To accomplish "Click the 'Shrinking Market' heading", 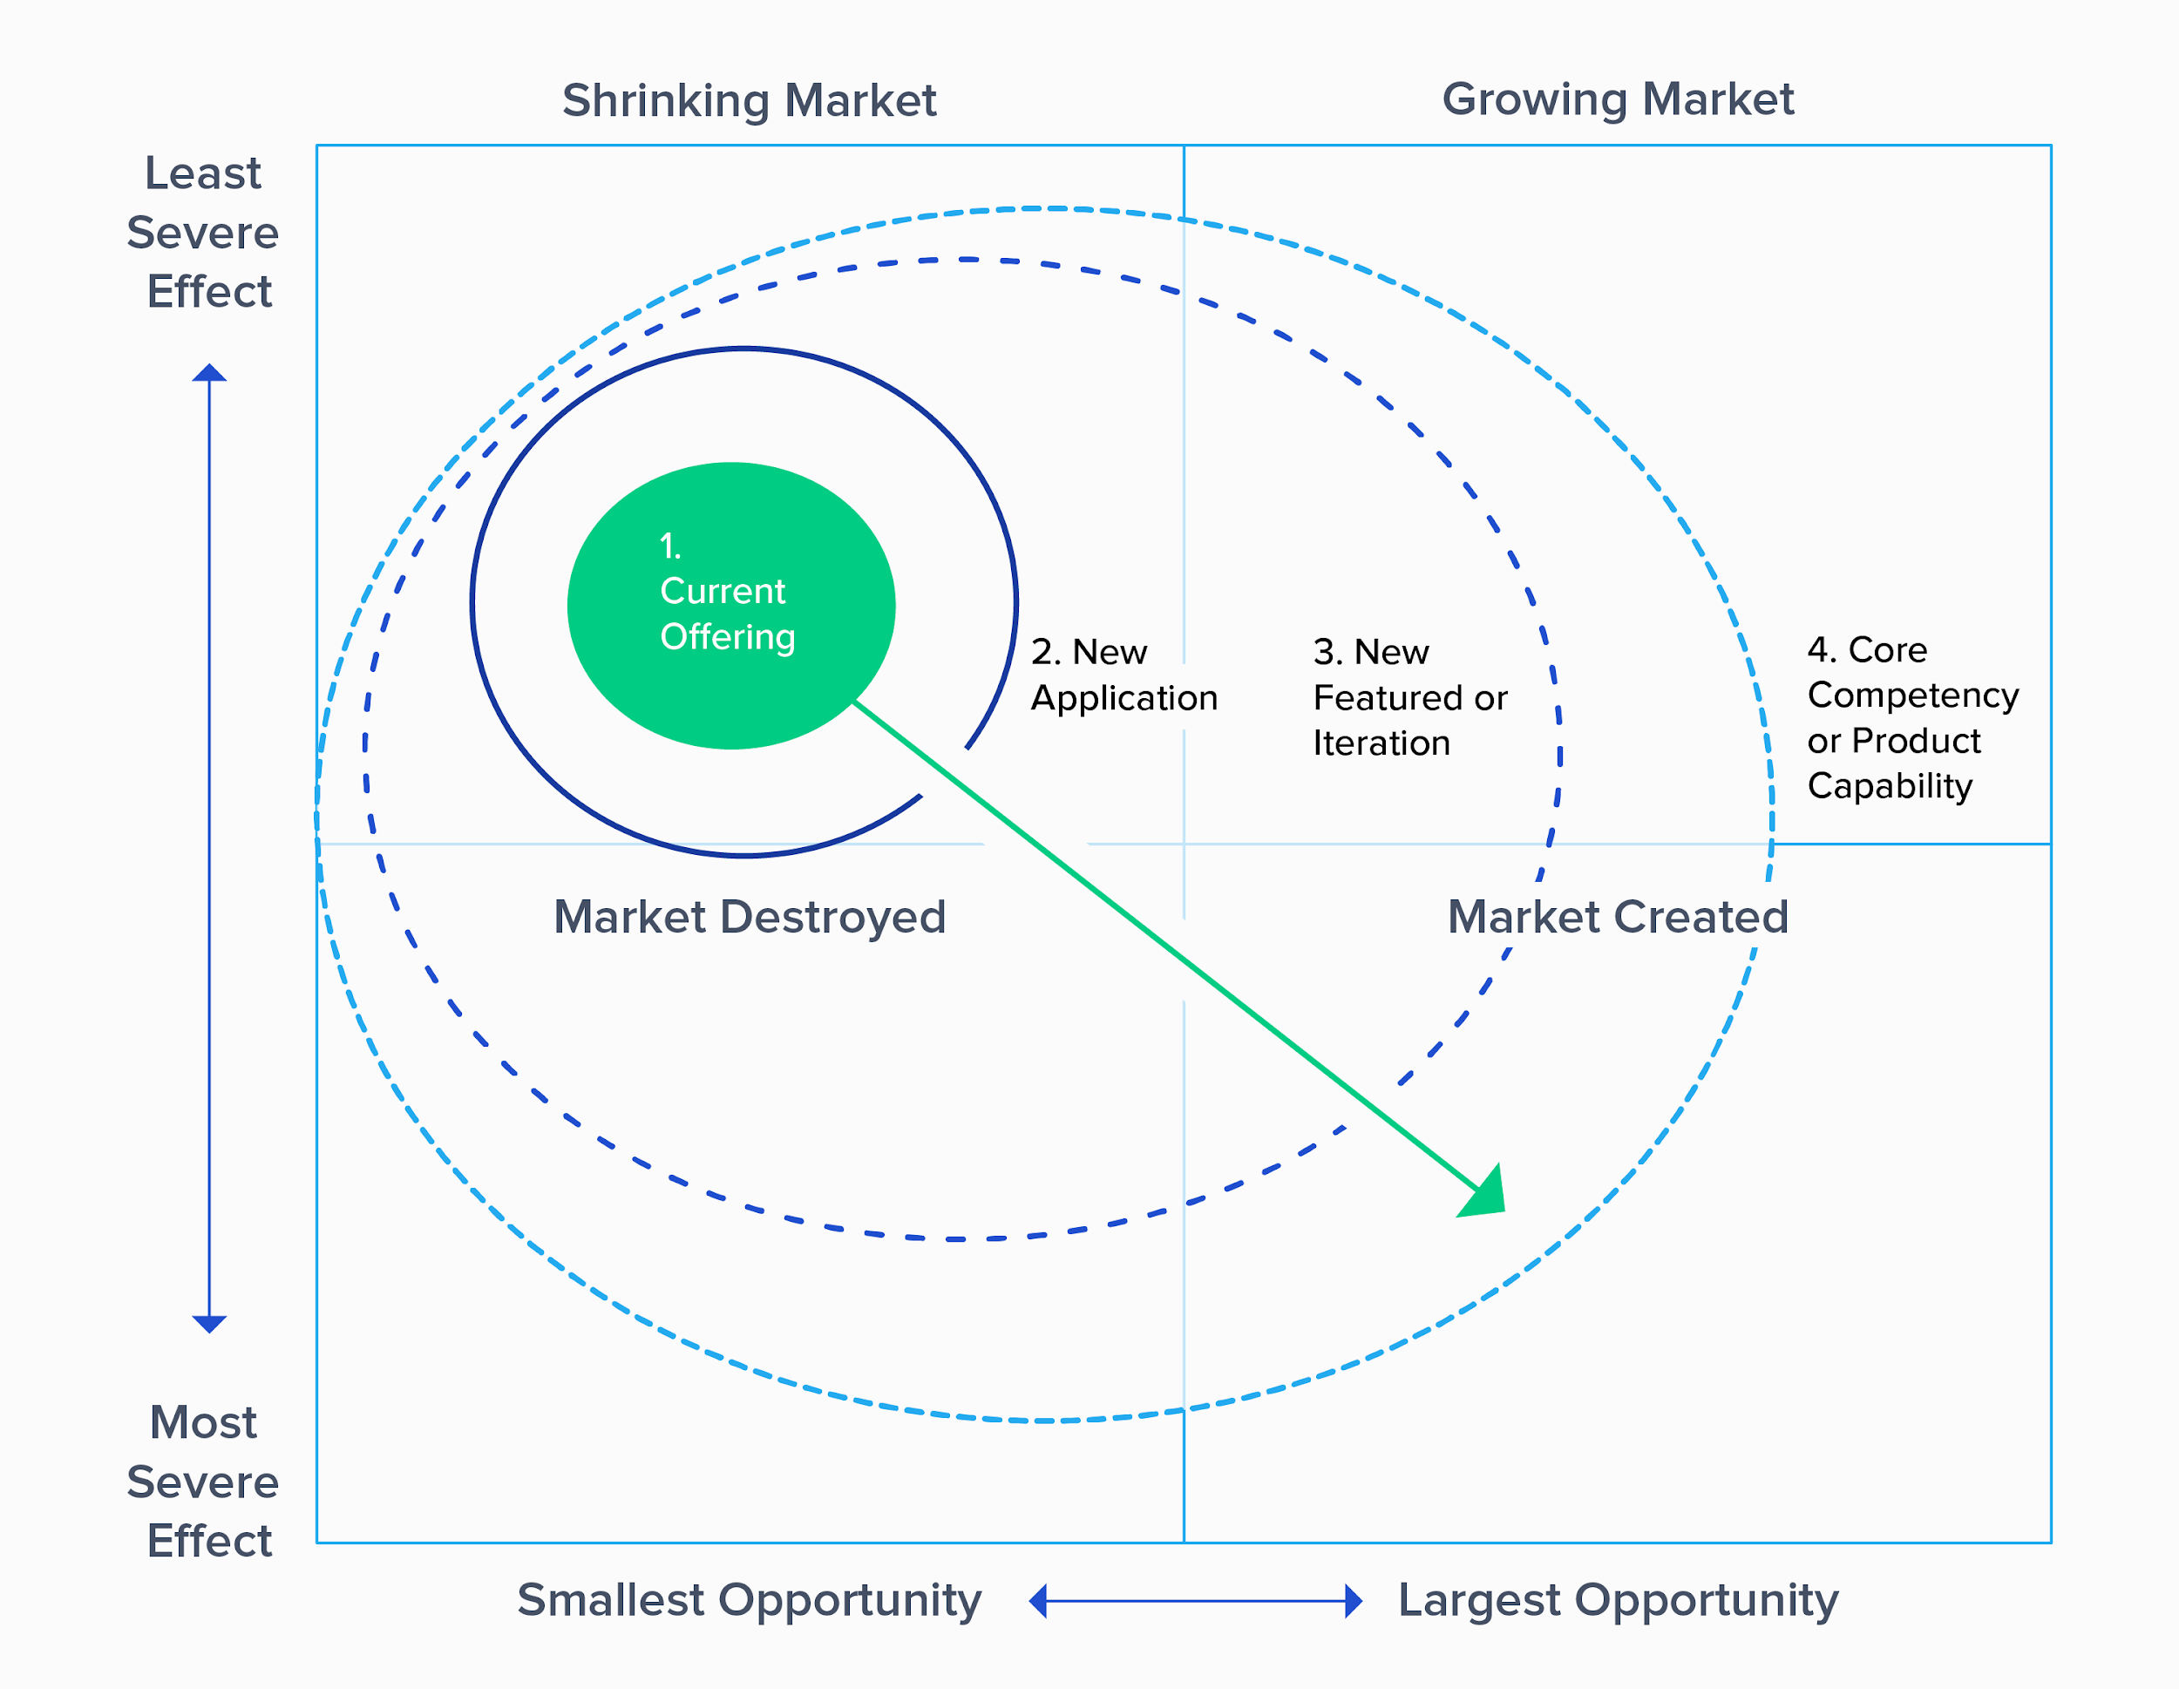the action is pos(749,102).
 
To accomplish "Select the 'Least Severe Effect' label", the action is pos(204,233).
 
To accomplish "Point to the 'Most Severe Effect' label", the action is pos(204,1482).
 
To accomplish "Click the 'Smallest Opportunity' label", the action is pos(750,1601).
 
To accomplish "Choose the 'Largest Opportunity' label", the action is pos(1618,1601).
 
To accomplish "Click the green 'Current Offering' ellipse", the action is pos(731,606).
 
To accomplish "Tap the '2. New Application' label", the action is pos(1124,675).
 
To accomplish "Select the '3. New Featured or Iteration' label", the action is pos(1409,697).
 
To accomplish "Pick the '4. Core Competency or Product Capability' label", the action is pos(1912,718).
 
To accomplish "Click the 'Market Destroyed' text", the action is pos(750,918).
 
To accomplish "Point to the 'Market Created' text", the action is pos(1618,917).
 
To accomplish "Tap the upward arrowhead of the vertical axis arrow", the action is pos(209,373).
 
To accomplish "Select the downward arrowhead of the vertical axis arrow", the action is pos(209,1325).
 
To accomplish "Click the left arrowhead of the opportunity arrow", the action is pos(1037,1601).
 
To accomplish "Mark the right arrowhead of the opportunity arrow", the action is pos(1354,1601).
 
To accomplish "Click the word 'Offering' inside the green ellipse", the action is pos(727,637).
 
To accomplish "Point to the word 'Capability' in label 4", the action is pos(1890,787).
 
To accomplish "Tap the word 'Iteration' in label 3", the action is pos(1381,743).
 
